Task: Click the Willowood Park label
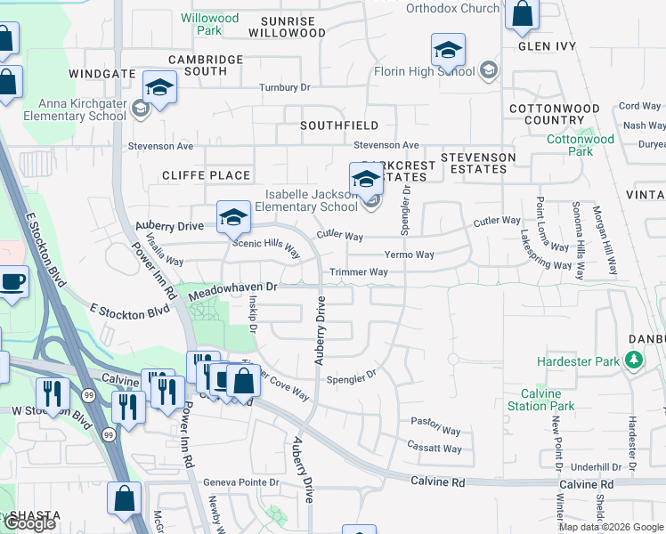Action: tap(210, 24)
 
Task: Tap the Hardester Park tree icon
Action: tap(634, 361)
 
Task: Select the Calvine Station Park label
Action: tap(540, 400)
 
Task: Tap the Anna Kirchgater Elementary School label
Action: tap(70, 109)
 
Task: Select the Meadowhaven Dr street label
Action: tap(233, 287)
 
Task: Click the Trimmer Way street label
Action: tap(359, 272)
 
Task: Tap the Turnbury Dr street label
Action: tap(284, 87)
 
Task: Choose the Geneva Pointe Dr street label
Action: tap(241, 482)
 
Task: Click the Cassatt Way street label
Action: tap(435, 449)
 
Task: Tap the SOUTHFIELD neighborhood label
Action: tap(339, 125)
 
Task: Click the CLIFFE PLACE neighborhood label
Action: tap(207, 175)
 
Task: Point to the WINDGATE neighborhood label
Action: tap(102, 74)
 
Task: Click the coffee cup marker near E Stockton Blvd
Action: tap(13, 283)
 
